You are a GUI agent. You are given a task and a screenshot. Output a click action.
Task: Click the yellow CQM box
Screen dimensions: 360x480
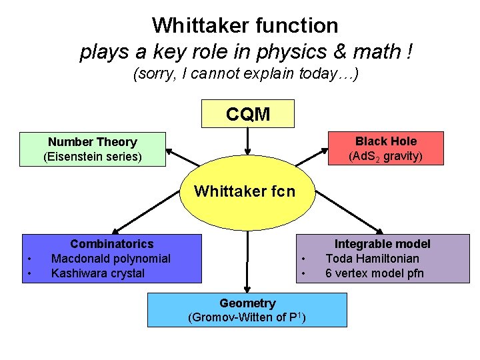[247, 114]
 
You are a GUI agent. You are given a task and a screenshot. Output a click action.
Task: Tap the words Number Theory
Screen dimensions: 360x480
[92, 142]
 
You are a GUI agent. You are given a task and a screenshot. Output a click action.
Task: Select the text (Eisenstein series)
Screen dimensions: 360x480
[92, 157]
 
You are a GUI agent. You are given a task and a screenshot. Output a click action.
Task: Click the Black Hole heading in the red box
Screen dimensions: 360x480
[385, 141]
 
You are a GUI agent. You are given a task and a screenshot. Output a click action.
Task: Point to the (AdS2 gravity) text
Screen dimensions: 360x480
[385, 157]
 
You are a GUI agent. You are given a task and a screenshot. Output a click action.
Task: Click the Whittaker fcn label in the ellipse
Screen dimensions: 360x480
[244, 192]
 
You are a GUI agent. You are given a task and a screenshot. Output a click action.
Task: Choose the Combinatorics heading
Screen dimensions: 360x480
[111, 244]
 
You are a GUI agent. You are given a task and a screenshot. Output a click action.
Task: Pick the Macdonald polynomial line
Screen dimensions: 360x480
[111, 259]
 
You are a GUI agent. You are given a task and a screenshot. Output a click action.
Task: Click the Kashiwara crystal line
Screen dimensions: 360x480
[97, 273]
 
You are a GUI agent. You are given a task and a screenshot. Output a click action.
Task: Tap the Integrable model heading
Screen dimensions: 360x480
[382, 244]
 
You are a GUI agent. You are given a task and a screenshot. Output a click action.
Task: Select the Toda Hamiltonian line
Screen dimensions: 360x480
[372, 259]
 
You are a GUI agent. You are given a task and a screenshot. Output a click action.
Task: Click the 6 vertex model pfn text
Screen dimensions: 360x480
[374, 273]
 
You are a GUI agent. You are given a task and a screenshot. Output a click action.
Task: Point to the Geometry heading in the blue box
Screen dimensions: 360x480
[247, 303]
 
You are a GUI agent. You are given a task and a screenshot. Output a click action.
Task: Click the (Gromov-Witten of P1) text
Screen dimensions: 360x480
[247, 317]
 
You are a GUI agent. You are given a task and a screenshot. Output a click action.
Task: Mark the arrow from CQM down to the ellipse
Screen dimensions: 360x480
[247, 141]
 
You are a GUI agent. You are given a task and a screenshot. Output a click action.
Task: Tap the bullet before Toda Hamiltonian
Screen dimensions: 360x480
[303, 259]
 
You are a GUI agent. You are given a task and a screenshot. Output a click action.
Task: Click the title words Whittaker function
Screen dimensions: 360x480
[245, 25]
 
